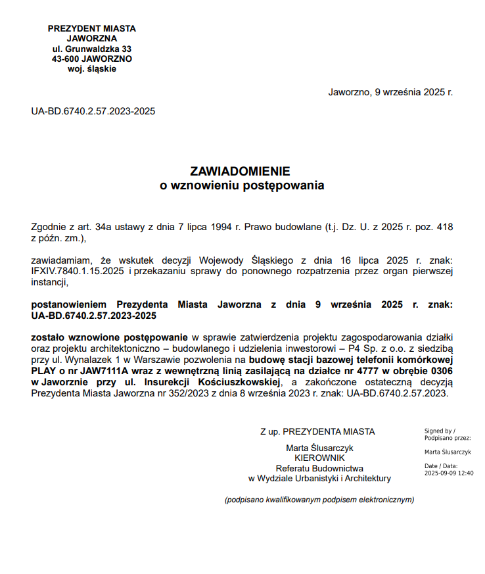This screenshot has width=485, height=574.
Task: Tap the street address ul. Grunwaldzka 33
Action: (92, 49)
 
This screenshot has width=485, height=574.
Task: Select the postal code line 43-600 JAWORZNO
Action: (92, 59)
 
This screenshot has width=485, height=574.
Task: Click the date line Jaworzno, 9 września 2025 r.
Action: (390, 92)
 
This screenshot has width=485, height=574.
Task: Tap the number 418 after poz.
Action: (445, 227)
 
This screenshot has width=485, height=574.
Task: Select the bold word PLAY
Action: (43, 370)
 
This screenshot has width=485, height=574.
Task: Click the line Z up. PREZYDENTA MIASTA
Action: (317, 431)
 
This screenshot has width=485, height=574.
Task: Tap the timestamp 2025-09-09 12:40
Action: (449, 473)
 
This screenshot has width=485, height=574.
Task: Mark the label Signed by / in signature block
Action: (440, 431)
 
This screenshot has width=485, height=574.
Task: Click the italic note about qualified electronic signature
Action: (319, 500)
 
